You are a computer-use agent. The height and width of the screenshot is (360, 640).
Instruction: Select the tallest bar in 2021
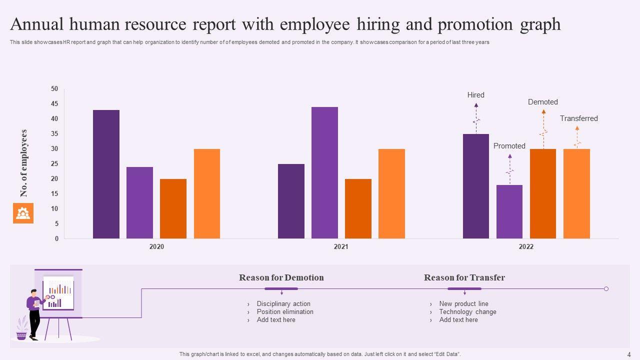[324, 172]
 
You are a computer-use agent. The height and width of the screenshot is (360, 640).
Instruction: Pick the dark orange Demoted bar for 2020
[173, 208]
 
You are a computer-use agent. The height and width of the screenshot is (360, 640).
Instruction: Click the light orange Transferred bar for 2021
[391, 193]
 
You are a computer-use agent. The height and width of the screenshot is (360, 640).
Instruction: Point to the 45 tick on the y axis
[54, 104]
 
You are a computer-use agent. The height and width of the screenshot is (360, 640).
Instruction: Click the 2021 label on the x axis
[341, 246]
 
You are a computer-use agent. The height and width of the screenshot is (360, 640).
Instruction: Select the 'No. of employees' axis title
[24, 163]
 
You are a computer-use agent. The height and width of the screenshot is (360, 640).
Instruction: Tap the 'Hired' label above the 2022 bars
[476, 95]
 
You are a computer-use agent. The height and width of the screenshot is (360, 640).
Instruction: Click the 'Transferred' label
[578, 118]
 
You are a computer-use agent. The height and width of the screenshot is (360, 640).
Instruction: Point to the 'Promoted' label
[509, 146]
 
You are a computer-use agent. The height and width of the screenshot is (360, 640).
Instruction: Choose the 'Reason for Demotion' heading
[281, 277]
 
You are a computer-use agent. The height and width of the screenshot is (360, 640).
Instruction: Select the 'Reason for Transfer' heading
[464, 277]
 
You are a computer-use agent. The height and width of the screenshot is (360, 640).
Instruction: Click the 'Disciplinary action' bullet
[283, 303]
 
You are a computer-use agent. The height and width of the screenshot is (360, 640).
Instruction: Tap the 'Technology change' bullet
[467, 311]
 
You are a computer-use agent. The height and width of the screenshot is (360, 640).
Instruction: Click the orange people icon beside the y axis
[23, 213]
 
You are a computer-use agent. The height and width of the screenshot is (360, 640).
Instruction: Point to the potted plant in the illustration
[21, 329]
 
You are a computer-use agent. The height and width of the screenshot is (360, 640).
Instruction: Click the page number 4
[628, 354]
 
